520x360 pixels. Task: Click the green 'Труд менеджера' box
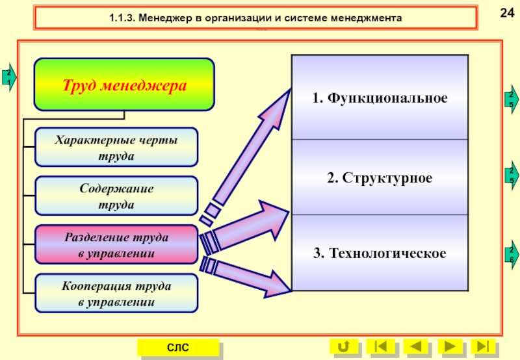124,84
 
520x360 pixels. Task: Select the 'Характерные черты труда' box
116,147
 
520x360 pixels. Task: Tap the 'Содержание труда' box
116,196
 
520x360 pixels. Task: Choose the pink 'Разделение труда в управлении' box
116,244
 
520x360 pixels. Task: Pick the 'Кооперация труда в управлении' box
116,293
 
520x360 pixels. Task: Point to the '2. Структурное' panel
380,177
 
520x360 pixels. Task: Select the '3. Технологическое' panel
380,252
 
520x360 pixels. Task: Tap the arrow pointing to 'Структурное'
244,224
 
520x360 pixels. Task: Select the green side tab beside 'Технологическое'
512,254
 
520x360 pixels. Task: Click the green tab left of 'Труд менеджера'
8,77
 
